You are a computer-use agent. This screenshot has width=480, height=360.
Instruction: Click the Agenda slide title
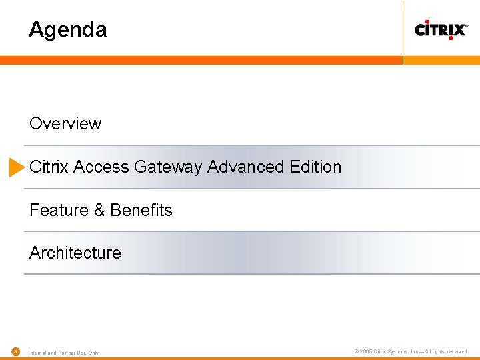click(67, 29)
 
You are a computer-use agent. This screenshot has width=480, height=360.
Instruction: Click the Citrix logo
click(441, 29)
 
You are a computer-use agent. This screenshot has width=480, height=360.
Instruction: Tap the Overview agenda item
click(65, 123)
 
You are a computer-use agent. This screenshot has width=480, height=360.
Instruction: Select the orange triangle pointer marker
click(16, 167)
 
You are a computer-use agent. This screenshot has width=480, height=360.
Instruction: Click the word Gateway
click(168, 167)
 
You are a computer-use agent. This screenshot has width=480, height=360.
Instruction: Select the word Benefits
click(141, 210)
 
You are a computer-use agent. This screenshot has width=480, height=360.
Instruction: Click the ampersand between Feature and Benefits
click(99, 210)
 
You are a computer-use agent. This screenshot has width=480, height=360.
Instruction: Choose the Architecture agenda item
click(75, 253)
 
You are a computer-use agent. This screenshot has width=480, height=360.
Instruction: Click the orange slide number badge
click(15, 351)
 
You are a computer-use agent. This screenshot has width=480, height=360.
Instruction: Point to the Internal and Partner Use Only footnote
click(63, 353)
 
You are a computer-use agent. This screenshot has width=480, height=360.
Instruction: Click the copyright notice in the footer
click(411, 351)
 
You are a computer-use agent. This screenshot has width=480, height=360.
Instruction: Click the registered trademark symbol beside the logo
click(467, 26)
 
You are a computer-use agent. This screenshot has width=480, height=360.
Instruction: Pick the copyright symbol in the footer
click(357, 351)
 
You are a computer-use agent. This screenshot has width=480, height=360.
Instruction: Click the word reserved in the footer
click(457, 351)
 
